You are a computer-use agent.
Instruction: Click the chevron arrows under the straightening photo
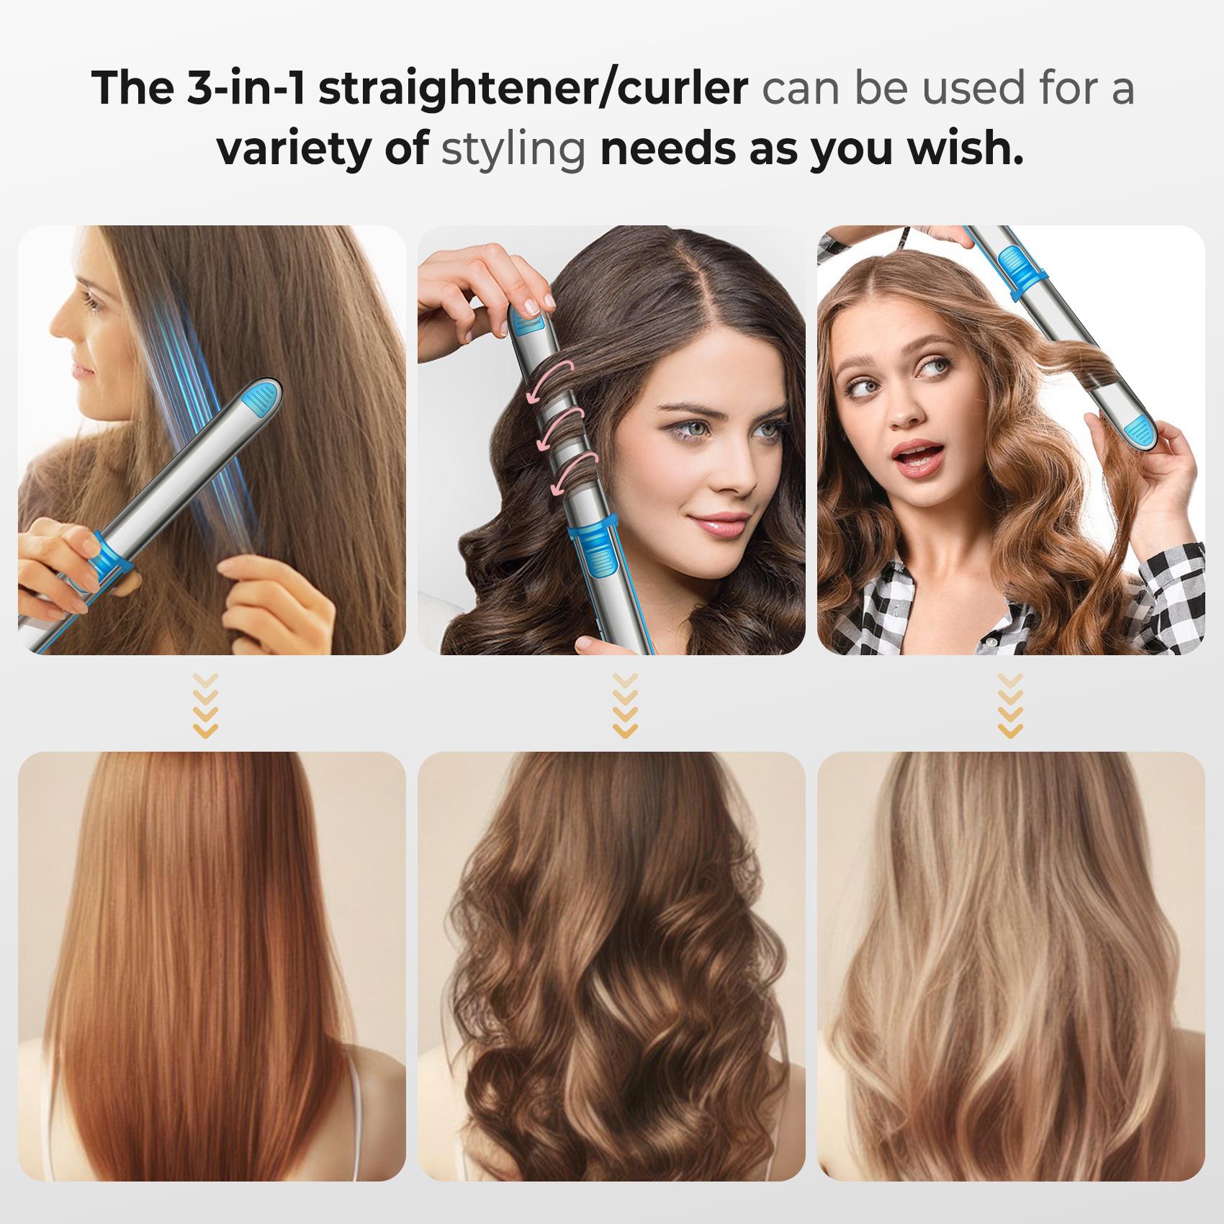[206, 706]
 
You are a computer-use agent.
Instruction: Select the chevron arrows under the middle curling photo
[624, 706]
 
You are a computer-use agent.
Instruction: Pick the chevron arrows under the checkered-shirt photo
[1011, 706]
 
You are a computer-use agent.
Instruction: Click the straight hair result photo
[212, 965]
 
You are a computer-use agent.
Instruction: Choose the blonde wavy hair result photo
[1011, 965]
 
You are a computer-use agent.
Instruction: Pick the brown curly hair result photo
[611, 965]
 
